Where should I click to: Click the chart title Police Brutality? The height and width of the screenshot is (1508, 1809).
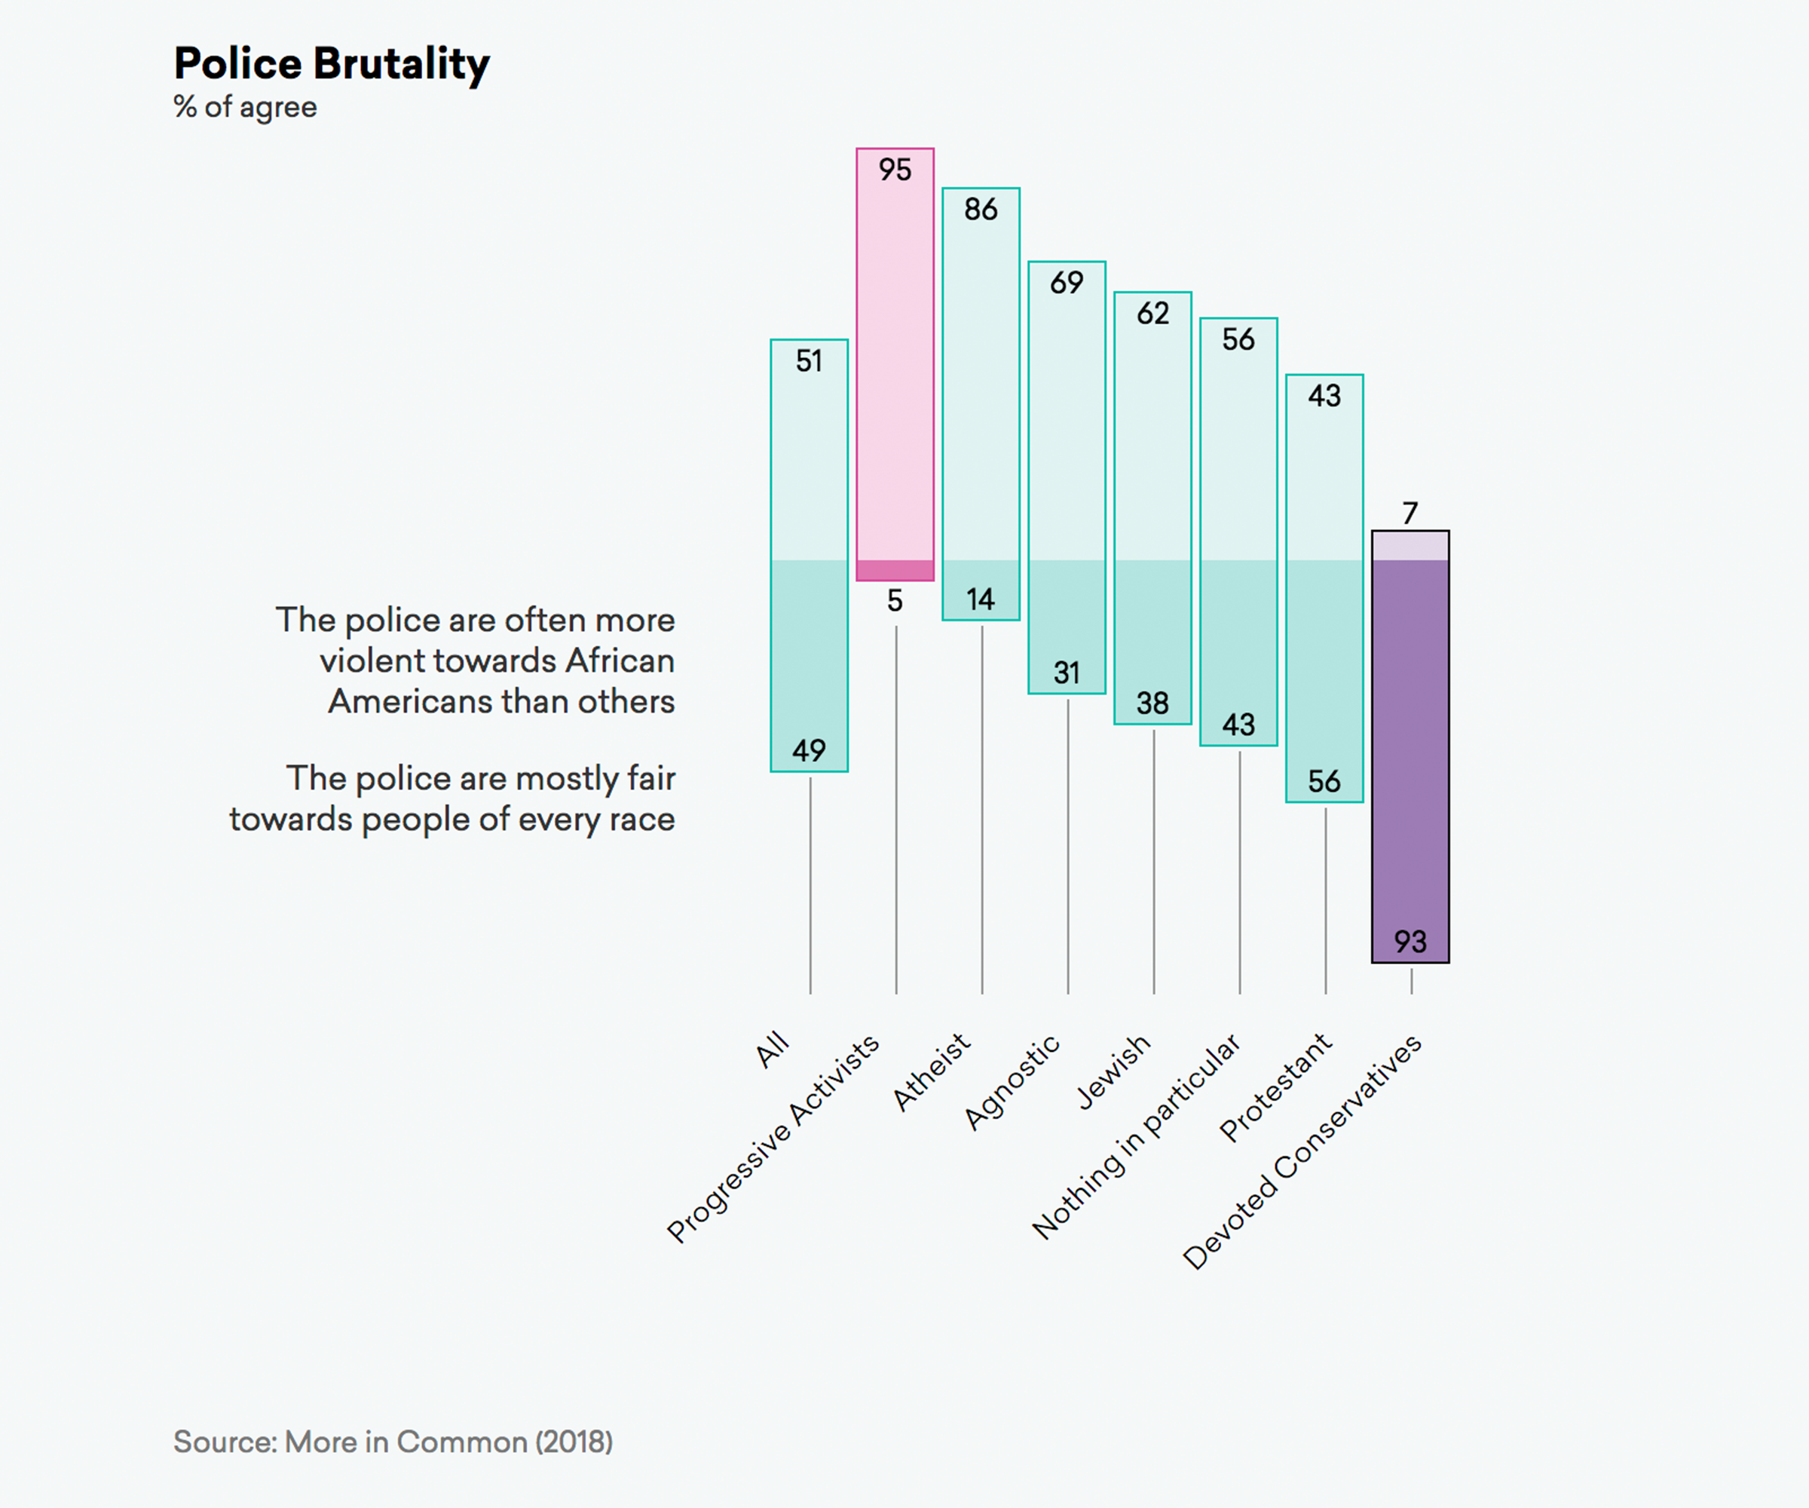[x=332, y=64]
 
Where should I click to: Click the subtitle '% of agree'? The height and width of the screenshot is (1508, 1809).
[x=246, y=107]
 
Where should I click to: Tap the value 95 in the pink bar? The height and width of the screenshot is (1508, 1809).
[x=895, y=170]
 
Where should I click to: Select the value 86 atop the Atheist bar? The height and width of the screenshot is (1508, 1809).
[x=981, y=210]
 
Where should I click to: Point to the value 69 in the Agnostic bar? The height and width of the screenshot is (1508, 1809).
[x=1067, y=283]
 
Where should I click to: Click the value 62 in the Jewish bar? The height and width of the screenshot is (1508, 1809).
[x=1152, y=314]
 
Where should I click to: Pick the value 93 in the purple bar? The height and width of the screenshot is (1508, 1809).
[x=1410, y=941]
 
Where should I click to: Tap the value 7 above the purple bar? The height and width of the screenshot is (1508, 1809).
[x=1410, y=513]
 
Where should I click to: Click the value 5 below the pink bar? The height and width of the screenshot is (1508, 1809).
[x=895, y=601]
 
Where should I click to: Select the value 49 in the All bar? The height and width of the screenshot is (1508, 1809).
[x=809, y=750]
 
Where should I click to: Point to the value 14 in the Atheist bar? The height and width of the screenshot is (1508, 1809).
[x=981, y=599]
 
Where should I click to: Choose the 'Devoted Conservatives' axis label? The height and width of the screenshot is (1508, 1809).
[x=1302, y=1151]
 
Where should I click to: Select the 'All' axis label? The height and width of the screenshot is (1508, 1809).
[x=772, y=1049]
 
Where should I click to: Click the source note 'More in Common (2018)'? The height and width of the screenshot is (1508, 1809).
[x=393, y=1442]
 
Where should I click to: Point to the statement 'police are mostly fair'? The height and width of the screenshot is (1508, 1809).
[x=452, y=798]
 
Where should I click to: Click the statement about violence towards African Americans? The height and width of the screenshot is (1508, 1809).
[x=476, y=660]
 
